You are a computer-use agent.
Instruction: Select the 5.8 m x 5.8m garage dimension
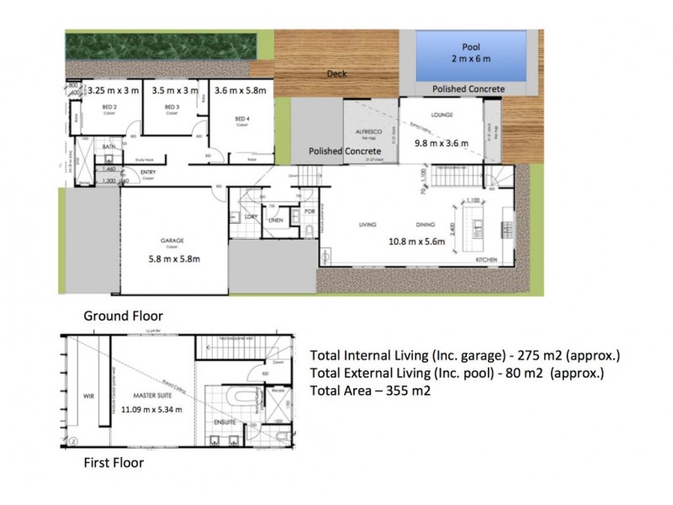172,258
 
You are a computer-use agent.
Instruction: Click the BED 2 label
109,108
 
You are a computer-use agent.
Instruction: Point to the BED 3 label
172,108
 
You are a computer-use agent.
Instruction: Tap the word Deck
336,74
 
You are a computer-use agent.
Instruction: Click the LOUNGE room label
442,114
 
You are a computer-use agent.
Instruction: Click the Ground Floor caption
123,316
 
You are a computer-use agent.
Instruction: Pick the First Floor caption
114,462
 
